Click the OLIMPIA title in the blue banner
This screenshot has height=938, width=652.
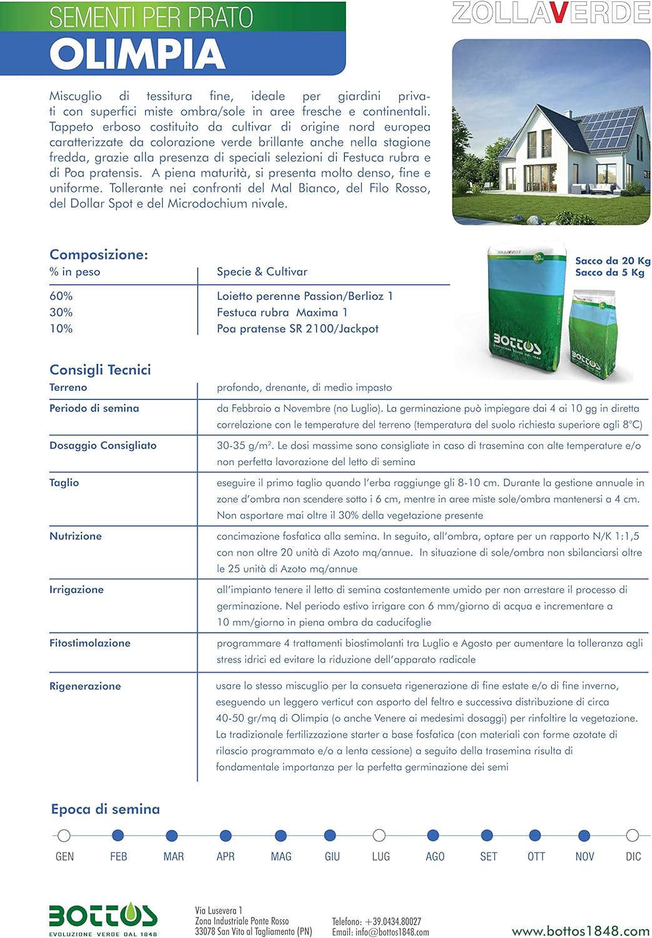coord(137,54)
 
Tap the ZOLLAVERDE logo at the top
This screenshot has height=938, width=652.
coord(551,13)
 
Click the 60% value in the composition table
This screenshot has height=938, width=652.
coord(61,296)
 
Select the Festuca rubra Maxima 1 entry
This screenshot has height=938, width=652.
coord(282,312)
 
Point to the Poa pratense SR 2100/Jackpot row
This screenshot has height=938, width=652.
coord(297,328)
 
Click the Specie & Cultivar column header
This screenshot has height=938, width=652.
coord(262,271)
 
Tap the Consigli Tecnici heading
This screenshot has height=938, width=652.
coord(100,370)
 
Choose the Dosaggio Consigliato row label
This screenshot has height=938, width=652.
coord(103,445)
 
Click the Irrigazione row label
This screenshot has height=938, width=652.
coord(76,589)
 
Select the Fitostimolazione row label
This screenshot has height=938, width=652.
coord(89,643)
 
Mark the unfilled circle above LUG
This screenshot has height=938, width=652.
coord(379,835)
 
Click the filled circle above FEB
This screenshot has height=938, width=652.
coord(118,835)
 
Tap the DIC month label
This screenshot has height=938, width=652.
coord(633,857)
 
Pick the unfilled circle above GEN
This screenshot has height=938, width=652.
coord(63,835)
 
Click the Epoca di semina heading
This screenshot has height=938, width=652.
coord(105,809)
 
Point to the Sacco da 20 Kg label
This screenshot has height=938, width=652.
coord(613,261)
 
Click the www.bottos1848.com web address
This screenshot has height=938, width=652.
coord(581,931)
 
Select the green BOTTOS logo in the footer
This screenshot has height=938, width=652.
coord(103,916)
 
